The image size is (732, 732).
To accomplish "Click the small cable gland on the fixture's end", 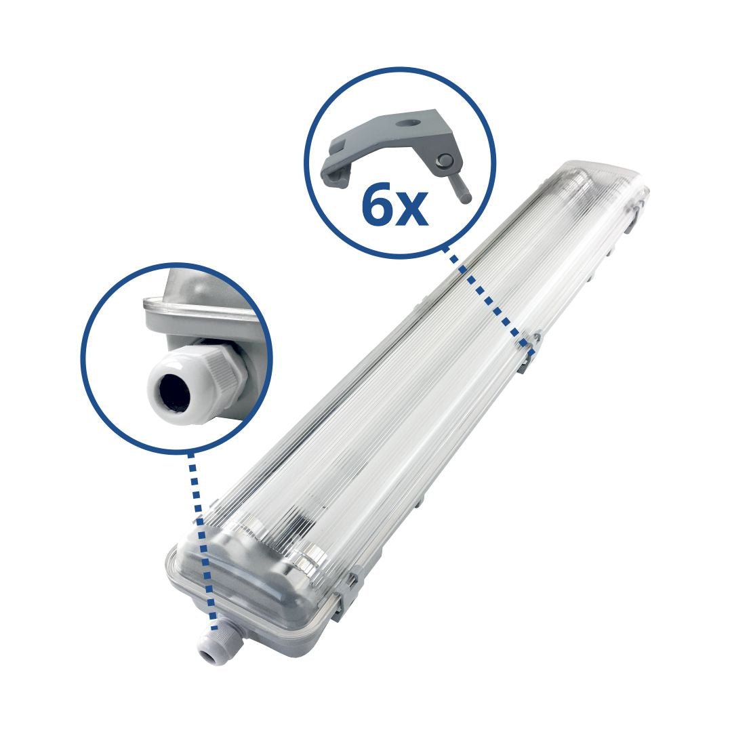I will coord(212,647).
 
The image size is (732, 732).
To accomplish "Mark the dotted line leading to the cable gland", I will coord(202,535).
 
